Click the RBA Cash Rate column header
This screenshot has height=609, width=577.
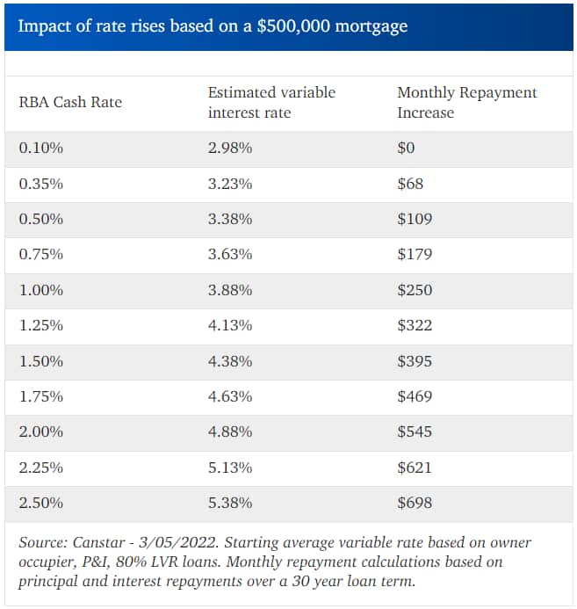[70, 102]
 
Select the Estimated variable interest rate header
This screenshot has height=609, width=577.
[271, 102]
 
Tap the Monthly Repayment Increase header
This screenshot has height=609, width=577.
[466, 102]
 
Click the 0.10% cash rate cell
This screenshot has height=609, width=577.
[41, 149]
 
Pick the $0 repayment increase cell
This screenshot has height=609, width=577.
[406, 149]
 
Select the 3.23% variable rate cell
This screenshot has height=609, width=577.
[230, 184]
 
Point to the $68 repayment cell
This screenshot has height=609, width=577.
[410, 184]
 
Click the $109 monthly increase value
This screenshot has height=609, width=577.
[415, 219]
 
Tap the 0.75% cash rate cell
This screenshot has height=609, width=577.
[41, 255]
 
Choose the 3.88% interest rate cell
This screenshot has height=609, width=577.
[230, 290]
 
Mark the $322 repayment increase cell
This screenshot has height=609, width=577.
[415, 325]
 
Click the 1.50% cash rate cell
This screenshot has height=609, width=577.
[41, 361]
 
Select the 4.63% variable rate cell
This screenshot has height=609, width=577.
[230, 396]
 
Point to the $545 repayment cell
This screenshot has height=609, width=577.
[415, 431]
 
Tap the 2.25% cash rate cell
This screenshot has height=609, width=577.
[41, 468]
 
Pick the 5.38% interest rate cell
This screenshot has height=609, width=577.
[230, 503]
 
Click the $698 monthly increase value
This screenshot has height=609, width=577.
[415, 503]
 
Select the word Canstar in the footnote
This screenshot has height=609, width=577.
[97, 542]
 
